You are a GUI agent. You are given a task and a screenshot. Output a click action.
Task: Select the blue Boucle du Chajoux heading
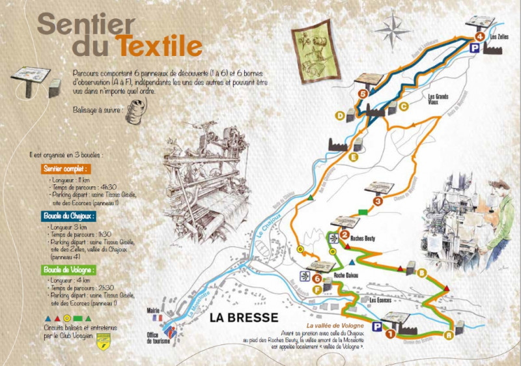coord(69,215)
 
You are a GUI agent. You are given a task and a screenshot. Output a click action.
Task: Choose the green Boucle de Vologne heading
coord(69,268)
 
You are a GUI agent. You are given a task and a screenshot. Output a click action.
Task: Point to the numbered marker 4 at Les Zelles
coord(480,36)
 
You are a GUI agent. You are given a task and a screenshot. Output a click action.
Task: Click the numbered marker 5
coord(363,94)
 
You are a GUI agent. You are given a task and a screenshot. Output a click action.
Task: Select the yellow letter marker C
coord(404,106)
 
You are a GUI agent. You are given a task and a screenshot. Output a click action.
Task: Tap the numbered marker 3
coord(378,201)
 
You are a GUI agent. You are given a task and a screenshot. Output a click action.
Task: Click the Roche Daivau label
coord(347,275)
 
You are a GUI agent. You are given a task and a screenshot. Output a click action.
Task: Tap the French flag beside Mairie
coord(156,318)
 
